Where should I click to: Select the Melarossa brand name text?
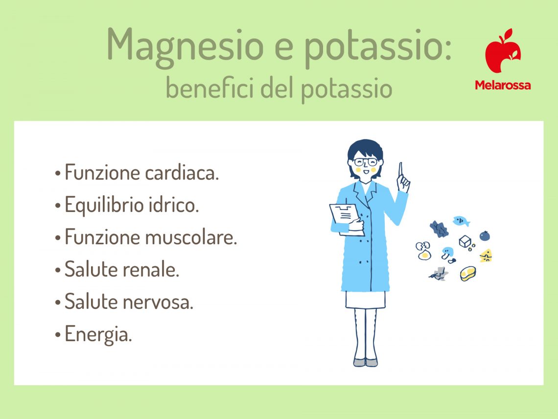502,85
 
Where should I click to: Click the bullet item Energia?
98,335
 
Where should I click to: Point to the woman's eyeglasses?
366,162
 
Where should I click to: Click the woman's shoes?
365,363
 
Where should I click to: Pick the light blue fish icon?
461,221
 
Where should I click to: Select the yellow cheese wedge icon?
486,255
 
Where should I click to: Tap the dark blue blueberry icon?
484,236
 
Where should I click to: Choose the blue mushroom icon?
447,254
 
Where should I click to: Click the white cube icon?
465,241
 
